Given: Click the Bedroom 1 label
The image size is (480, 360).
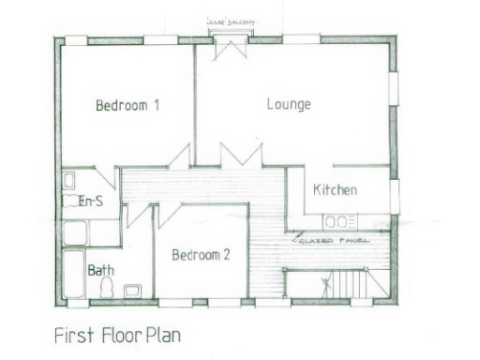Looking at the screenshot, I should click(127, 106).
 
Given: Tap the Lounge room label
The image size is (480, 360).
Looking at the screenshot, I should click(288, 104).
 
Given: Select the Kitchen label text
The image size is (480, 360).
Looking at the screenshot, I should click(335, 190).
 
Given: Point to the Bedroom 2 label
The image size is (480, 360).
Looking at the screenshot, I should click(201, 254).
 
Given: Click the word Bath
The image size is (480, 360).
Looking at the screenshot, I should click(101, 270).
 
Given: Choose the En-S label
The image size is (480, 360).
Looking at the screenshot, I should click(90, 201).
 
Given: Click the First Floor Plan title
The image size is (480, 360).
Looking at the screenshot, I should click(117, 335).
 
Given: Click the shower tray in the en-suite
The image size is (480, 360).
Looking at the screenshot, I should click(73, 231).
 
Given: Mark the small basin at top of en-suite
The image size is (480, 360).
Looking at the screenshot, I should click(69, 180).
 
